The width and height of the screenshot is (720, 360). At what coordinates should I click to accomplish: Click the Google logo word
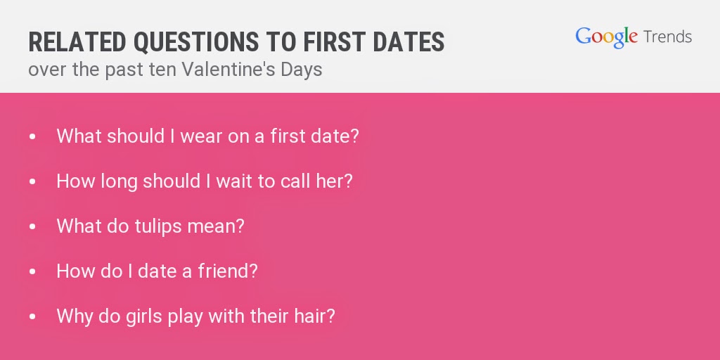coord(606,37)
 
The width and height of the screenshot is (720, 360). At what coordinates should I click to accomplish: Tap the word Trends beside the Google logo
coord(668,37)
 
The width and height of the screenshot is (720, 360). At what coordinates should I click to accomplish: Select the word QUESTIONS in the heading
coord(196,42)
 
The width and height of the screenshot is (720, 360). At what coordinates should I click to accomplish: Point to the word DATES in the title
coord(409,41)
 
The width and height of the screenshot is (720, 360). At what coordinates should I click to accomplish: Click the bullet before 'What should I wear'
coord(32,136)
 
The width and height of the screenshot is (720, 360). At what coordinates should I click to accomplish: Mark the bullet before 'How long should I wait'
coord(32,181)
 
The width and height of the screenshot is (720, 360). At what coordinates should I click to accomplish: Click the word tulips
coord(158,226)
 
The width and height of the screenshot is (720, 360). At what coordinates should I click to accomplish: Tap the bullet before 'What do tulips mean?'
coord(32,226)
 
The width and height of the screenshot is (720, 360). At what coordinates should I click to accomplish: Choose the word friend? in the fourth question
coord(228,271)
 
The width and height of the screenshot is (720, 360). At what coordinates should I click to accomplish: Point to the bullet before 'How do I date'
coord(32,271)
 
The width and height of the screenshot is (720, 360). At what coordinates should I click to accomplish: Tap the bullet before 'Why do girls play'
coord(32,316)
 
